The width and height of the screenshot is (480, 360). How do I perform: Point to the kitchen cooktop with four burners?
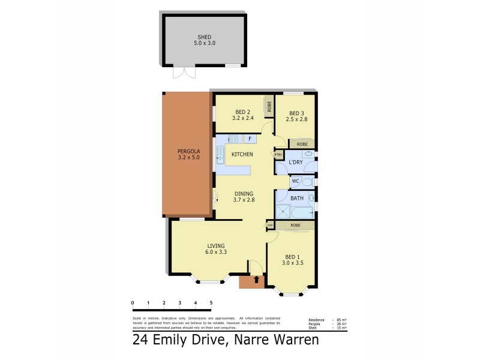click(x=232, y=139)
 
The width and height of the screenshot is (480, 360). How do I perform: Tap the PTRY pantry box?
click(x=278, y=155)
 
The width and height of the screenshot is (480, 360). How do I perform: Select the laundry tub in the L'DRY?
click(x=307, y=154)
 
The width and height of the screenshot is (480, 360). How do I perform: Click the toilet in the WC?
click(x=307, y=181)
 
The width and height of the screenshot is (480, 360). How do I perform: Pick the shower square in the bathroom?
click(x=283, y=211)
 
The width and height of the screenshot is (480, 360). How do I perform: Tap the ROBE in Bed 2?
click(x=269, y=106)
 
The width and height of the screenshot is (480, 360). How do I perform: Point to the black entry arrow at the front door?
click(x=256, y=279)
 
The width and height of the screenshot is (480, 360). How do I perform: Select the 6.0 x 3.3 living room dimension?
click(x=216, y=252)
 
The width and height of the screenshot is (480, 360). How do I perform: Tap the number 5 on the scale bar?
click(x=211, y=303)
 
